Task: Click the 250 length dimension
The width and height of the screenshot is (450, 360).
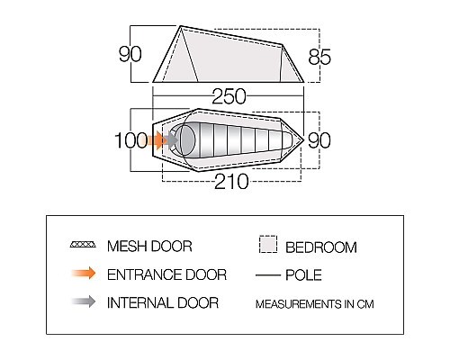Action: point(229,96)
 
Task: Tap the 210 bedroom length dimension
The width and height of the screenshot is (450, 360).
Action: point(231,182)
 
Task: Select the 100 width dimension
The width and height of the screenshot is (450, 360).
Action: point(131,140)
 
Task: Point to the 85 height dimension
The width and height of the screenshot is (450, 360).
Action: point(319,57)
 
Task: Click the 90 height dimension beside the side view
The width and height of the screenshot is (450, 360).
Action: point(130,54)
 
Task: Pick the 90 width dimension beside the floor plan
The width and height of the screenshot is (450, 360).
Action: point(319,140)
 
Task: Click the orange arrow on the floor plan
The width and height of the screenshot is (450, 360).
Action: point(157,140)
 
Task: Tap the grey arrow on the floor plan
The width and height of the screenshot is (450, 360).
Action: point(172,140)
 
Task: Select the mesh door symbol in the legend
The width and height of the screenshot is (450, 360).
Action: point(83,244)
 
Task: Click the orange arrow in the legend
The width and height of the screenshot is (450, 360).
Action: point(84,273)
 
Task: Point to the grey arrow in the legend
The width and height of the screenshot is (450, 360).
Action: point(84,301)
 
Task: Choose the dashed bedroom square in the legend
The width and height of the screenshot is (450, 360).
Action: point(268,244)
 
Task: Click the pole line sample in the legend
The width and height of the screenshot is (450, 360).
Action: point(268,274)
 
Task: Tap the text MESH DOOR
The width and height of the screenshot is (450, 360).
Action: point(149,247)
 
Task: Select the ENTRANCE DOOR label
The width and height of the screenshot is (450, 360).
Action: point(166,274)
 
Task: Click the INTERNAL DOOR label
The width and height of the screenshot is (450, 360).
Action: point(163,302)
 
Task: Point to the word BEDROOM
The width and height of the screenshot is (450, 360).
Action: point(321,247)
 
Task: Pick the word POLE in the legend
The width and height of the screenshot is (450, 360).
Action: point(303,274)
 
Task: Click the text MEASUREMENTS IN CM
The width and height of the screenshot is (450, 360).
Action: point(315,304)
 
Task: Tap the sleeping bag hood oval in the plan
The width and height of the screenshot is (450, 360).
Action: point(185,140)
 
